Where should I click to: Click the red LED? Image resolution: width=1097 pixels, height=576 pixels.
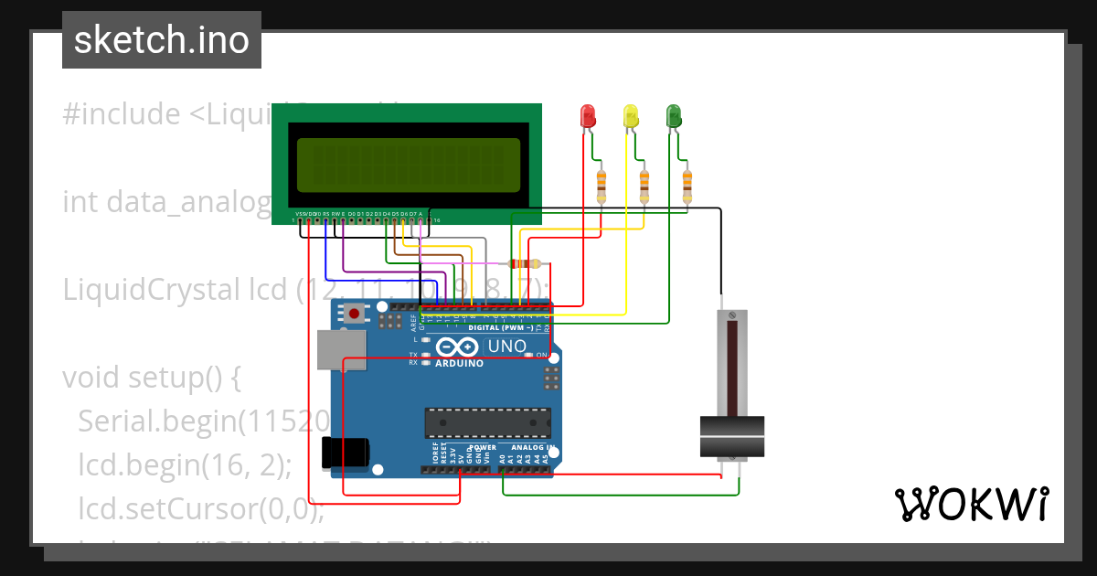(588, 116)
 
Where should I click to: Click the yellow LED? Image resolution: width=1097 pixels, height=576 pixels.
(631, 116)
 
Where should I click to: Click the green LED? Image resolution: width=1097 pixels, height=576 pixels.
(674, 116)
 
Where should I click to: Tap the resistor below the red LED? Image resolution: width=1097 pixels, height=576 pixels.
(601, 186)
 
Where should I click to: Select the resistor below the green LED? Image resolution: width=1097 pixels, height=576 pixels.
(687, 186)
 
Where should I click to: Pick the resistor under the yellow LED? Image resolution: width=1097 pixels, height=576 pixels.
(644, 186)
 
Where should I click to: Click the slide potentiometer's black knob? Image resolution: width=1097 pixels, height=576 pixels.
(731, 436)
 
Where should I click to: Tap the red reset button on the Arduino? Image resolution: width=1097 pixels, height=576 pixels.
(354, 315)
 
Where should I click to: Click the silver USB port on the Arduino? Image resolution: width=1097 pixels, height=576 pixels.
(339, 349)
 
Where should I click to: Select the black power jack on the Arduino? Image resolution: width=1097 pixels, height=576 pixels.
(345, 452)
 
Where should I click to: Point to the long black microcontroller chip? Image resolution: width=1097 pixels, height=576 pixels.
(487, 423)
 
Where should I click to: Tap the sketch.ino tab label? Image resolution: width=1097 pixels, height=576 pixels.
(162, 40)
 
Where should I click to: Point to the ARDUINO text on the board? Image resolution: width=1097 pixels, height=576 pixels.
(459, 363)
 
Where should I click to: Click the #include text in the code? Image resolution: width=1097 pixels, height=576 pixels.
(121, 114)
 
